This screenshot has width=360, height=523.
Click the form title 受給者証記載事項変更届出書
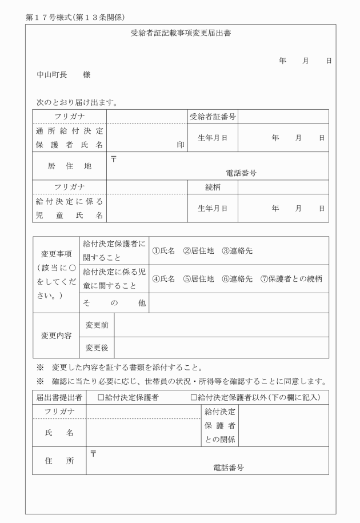point(181,33)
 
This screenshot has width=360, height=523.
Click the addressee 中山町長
point(50,75)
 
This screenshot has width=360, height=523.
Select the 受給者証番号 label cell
point(213,117)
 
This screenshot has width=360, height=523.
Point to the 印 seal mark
point(181,145)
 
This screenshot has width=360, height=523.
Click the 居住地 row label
point(70,166)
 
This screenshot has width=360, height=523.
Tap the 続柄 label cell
point(213,187)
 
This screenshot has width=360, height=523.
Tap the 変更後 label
point(97,347)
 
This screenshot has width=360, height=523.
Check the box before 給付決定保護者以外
point(194,397)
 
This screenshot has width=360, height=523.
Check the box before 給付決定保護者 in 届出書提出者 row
point(101,397)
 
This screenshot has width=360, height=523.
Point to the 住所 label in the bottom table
point(59,461)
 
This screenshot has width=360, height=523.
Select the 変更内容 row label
point(56,336)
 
